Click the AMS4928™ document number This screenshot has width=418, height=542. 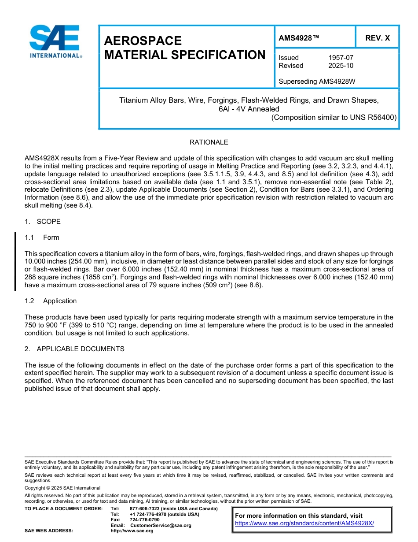(299, 38)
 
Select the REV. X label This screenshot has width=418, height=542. (378, 38)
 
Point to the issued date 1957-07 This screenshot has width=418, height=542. (341, 58)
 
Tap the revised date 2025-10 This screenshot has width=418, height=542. (341, 66)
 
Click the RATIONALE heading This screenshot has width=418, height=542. (209, 142)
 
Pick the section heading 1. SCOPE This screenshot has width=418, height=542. (43, 222)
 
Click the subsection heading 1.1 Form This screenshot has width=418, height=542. (42, 238)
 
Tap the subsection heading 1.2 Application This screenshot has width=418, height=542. (51, 301)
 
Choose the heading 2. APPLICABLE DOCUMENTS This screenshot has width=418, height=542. (74, 349)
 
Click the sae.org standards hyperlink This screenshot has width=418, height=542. (304, 523)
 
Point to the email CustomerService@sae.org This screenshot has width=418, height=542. (161, 526)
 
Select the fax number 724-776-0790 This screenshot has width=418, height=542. (145, 520)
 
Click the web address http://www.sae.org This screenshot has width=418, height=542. (132, 531)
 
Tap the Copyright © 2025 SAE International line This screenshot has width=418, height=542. (62, 488)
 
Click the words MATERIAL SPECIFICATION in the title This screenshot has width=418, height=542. (185, 55)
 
